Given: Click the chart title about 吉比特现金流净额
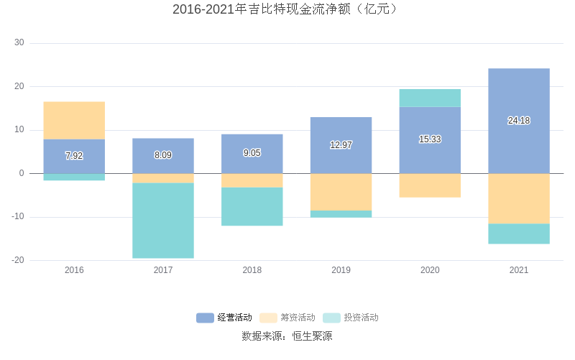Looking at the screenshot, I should pos(287,9).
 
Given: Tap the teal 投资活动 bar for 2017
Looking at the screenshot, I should pos(163,220).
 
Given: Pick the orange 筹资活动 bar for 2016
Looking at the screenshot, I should pos(74,120).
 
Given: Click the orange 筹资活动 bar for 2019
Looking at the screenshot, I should pos(341,192).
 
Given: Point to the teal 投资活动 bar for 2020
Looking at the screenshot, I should pos(430,98).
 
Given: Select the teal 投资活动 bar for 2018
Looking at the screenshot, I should pos(252,206).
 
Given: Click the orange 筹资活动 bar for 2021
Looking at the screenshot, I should pos(518,198).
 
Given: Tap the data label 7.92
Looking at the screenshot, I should pos(74,155).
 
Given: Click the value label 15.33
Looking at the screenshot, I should pos(430,139).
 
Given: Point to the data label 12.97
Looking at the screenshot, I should pos(341,145).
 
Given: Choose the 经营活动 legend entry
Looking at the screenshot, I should pos(224,318).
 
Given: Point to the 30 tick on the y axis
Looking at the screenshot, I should pos(19,43).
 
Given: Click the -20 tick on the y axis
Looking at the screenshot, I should pos(18,260).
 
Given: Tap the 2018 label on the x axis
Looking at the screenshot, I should pos(252,270).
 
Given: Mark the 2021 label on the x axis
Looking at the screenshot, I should pos(518,270).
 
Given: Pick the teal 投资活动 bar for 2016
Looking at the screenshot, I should pos(74,177).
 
